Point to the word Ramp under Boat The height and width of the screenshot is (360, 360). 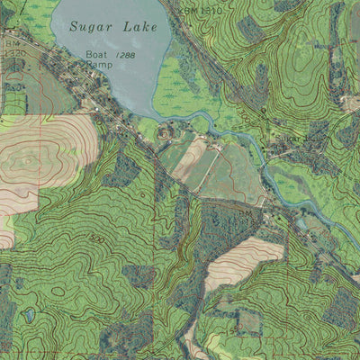(98, 66)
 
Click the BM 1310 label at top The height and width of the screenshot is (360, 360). (200, 8)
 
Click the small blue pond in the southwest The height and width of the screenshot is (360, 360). (30, 314)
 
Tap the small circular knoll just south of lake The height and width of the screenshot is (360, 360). (164, 133)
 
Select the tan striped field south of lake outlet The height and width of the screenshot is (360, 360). (190, 158)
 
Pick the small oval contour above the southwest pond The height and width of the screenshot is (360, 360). (56, 291)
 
